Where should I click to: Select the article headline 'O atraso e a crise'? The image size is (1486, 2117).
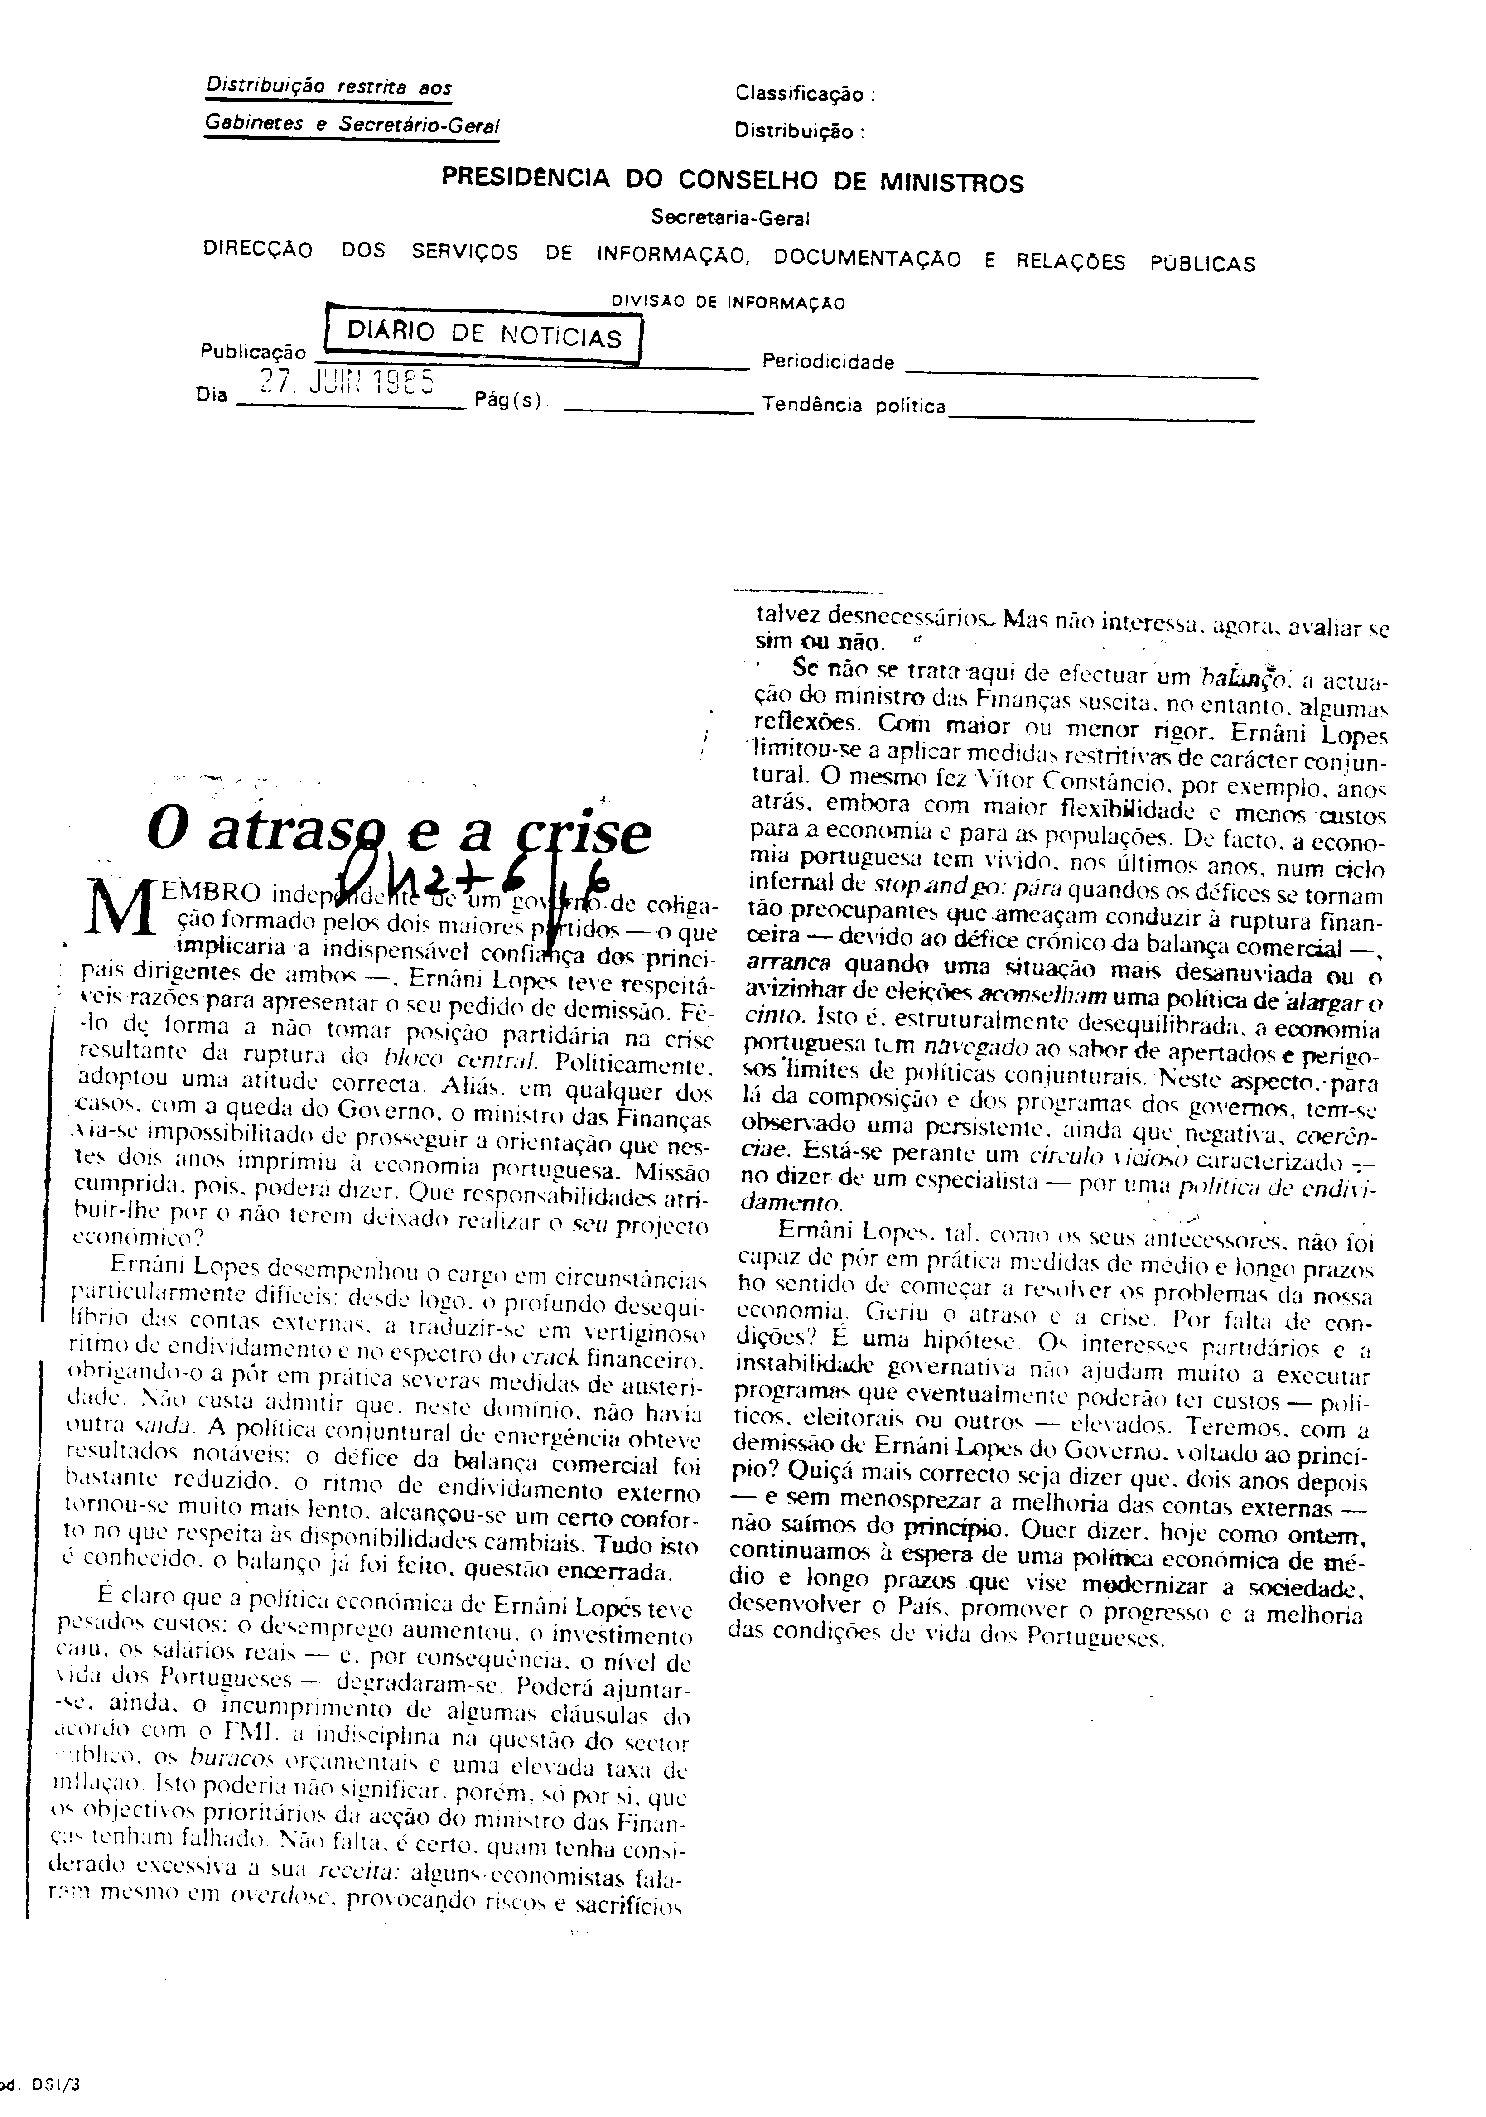pyautogui.click(x=398, y=832)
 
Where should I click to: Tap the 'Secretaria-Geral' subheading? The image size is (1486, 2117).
pyautogui.click(x=729, y=218)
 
